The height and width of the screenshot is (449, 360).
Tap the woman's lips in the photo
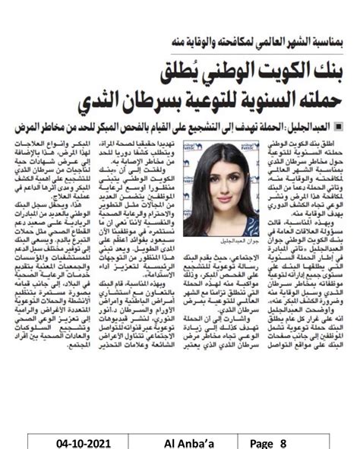point(213,187)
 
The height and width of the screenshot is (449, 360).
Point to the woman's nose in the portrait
point(212,177)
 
